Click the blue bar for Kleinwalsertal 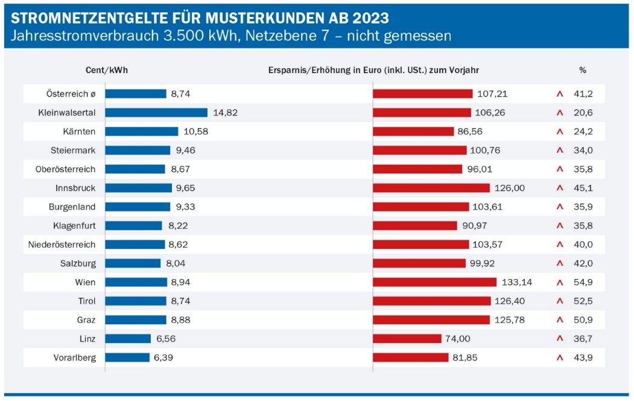point(156,112)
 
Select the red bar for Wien point(434,282)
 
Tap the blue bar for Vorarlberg point(127,358)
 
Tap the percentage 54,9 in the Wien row point(583,282)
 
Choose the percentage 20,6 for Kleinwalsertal point(583,112)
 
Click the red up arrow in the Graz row point(560,320)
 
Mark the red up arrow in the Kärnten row point(560,132)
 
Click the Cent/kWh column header point(107,70)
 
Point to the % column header point(583,70)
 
